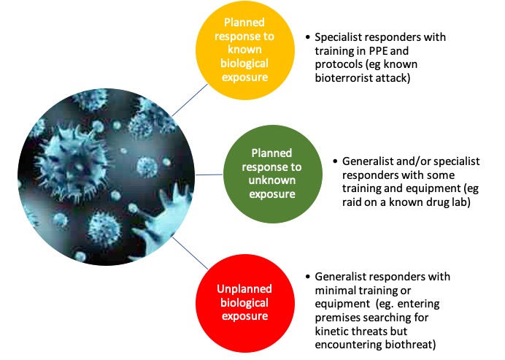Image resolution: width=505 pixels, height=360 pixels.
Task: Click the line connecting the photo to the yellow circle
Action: click(183, 94)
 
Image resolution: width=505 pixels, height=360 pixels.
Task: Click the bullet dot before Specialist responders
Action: click(309, 36)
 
